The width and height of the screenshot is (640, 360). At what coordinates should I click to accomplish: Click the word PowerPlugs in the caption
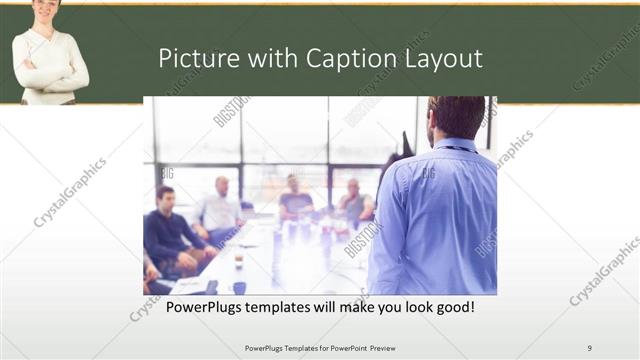point(203,306)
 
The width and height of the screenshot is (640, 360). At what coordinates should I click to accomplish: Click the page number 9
point(589,347)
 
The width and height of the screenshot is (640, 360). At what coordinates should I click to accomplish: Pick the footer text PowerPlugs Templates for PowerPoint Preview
point(320,347)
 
